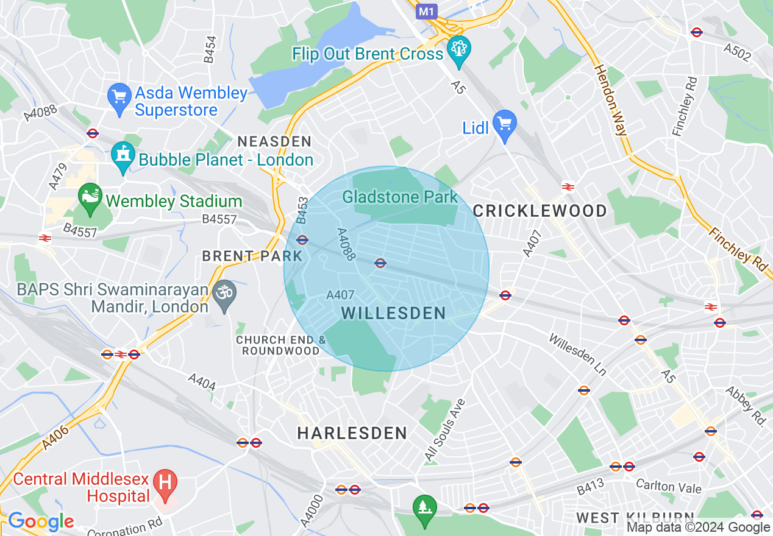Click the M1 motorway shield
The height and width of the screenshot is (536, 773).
pyautogui.click(x=427, y=11)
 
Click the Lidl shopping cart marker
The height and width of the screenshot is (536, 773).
pyautogui.click(x=504, y=125)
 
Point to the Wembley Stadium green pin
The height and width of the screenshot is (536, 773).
pyautogui.click(x=91, y=198)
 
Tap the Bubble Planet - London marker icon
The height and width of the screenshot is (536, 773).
pyautogui.click(x=123, y=157)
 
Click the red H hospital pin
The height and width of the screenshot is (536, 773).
pyautogui.click(x=164, y=482)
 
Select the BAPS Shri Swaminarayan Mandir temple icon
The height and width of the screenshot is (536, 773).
pyautogui.click(x=224, y=295)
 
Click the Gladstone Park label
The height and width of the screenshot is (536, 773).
pyautogui.click(x=399, y=197)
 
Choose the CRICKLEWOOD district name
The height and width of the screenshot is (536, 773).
pyautogui.click(x=540, y=211)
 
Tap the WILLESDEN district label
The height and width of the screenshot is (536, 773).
pyautogui.click(x=394, y=313)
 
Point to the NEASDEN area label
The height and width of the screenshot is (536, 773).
pyautogui.click(x=274, y=141)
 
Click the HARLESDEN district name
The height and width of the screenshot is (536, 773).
pyautogui.click(x=352, y=433)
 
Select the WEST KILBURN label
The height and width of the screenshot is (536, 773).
pyautogui.click(x=635, y=518)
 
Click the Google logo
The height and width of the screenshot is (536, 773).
pyautogui.click(x=41, y=521)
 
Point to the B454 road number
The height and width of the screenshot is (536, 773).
pyautogui.click(x=210, y=49)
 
